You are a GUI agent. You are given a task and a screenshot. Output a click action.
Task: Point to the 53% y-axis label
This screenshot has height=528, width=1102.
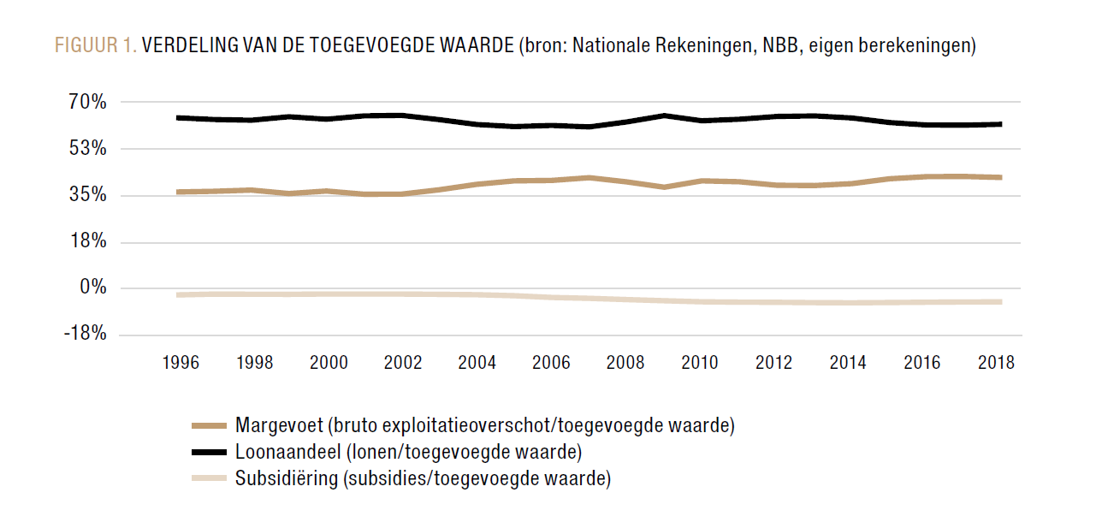click(88, 149)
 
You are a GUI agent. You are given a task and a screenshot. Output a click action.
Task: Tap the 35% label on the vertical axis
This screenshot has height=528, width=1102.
click(88, 195)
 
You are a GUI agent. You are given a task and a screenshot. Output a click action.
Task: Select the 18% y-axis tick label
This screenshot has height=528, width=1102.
click(88, 241)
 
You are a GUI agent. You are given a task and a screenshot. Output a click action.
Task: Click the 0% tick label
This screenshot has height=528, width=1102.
click(92, 288)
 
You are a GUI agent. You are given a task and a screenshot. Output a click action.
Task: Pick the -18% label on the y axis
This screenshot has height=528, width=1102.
click(85, 334)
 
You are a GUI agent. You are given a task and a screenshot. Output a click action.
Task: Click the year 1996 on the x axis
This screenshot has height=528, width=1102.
click(181, 363)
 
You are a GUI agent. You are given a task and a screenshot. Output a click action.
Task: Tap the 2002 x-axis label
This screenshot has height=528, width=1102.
click(403, 363)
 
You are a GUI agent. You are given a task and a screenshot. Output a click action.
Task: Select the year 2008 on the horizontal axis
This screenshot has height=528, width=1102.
click(625, 363)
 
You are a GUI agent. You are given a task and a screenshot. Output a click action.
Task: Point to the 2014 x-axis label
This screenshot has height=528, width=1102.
click(848, 363)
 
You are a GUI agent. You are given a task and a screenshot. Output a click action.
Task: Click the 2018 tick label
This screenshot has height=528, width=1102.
click(996, 363)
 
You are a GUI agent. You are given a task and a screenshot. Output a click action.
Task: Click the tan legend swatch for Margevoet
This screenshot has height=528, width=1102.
click(209, 425)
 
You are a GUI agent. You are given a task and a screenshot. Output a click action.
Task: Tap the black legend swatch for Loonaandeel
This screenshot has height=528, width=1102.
click(209, 452)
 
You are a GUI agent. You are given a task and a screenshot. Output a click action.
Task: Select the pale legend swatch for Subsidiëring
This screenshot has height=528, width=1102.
click(209, 478)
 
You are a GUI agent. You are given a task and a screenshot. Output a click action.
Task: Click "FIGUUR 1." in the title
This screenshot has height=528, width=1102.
click(96, 46)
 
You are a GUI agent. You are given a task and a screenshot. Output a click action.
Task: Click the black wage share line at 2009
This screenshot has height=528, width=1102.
click(663, 115)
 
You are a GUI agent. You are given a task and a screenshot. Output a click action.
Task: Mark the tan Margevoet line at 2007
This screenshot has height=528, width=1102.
click(589, 177)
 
